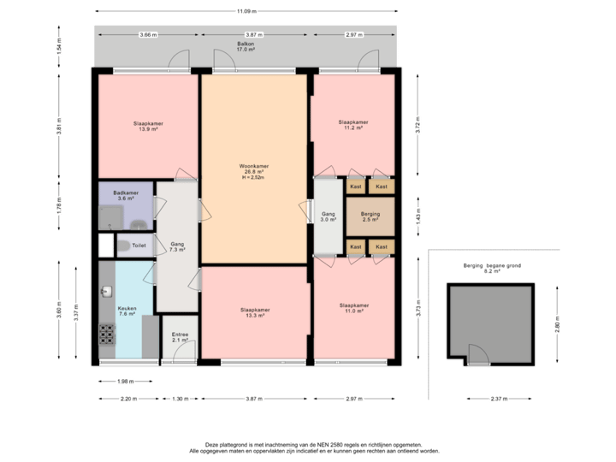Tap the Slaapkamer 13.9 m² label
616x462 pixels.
[148, 126]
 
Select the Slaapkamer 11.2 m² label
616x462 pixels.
[352, 125]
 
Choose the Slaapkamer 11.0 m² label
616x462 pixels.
[353, 309]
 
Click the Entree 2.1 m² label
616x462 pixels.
[180, 337]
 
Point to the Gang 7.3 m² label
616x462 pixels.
[178, 246]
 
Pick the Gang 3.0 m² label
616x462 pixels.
[329, 216]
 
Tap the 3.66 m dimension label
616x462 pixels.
[147, 34]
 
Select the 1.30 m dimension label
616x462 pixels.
[180, 399]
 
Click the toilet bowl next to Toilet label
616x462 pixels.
[124, 246]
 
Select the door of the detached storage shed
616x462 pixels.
[476, 355]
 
